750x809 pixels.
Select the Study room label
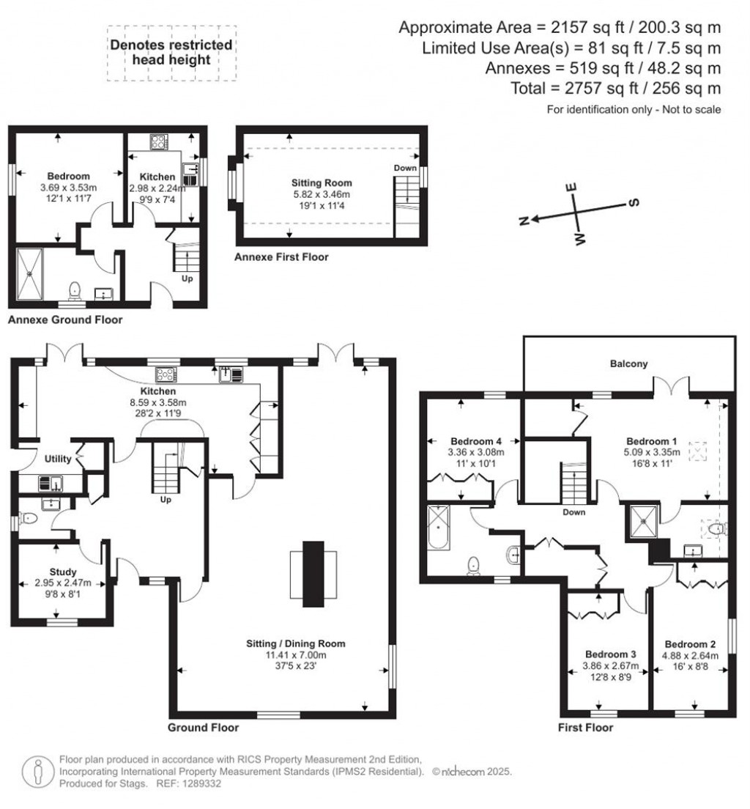pos(64,572)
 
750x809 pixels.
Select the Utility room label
pos(57,459)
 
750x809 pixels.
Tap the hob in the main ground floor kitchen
pos(166,374)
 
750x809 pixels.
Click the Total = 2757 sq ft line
pos(617,89)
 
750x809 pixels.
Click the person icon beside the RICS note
pos(37,771)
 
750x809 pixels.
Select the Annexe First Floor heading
pos(281,257)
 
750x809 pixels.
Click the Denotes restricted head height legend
pos(171,52)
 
